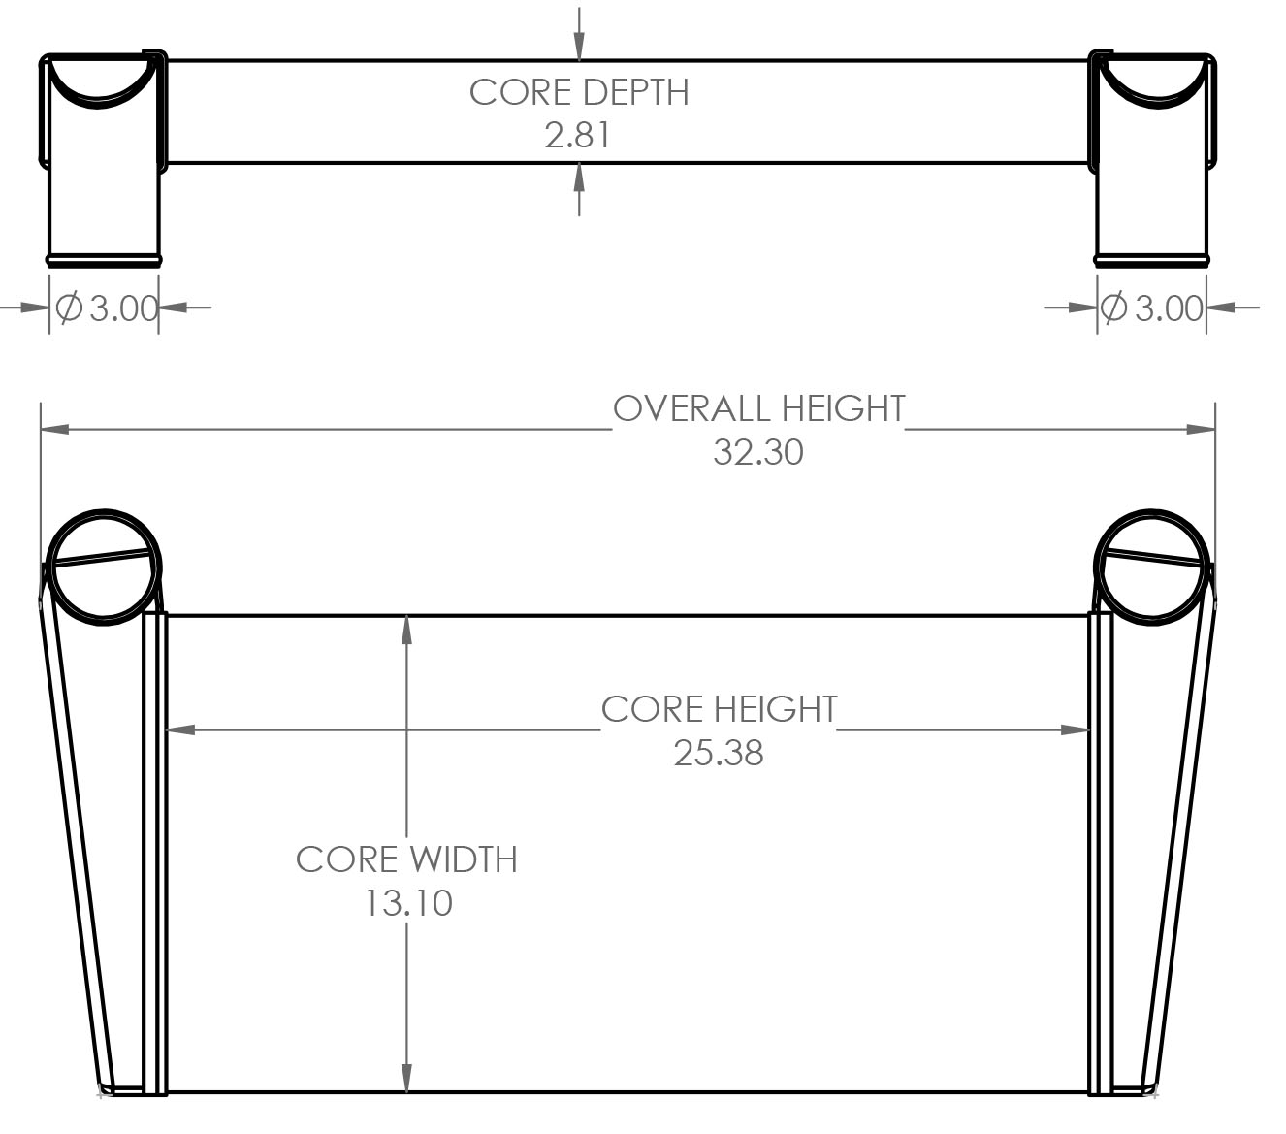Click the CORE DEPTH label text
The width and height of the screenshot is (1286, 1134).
tap(579, 93)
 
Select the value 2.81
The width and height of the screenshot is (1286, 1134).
tap(578, 135)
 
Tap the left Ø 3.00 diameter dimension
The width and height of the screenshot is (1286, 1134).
tap(107, 308)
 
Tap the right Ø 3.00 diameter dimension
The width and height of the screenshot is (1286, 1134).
tap(1151, 308)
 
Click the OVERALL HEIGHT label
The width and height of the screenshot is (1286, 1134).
tap(759, 408)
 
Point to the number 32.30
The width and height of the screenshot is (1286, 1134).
tap(757, 452)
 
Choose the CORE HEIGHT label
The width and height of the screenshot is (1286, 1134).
tap(720, 709)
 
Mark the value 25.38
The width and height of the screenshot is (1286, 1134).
tap(719, 753)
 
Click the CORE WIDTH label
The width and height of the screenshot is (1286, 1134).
tap(407, 859)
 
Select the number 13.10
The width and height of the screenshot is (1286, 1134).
tap(408, 903)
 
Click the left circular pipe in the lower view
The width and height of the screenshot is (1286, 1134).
tap(104, 567)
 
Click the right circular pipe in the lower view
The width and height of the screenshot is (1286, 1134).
tap(1151, 567)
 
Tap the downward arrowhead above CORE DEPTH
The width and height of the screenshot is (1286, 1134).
tap(578, 47)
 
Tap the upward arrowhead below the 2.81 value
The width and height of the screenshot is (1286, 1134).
tap(578, 177)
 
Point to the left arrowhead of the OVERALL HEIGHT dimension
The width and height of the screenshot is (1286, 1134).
tap(55, 429)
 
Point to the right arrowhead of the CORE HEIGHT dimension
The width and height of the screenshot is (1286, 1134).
tap(1076, 729)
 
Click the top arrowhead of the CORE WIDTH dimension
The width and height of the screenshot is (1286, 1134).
tap(407, 630)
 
